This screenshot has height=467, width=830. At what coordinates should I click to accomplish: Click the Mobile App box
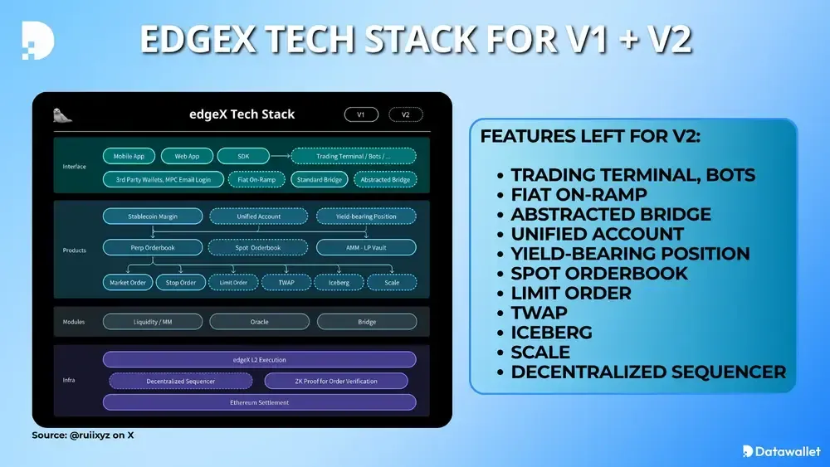pyautogui.click(x=129, y=156)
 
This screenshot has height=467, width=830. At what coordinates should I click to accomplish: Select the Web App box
pyautogui.click(x=186, y=156)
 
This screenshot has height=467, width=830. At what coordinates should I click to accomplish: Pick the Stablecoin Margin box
pyautogui.click(x=153, y=216)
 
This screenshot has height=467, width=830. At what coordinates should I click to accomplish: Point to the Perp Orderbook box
pyautogui.click(x=153, y=247)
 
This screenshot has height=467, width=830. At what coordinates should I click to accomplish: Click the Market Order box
pyautogui.click(x=128, y=282)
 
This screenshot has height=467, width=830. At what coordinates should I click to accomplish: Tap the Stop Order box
pyautogui.click(x=181, y=282)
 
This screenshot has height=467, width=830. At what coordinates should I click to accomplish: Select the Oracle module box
pyautogui.click(x=259, y=322)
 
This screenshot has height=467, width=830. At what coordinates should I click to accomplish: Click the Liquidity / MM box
pyautogui.click(x=153, y=322)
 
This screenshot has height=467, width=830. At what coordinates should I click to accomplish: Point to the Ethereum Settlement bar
pyautogui.click(x=259, y=402)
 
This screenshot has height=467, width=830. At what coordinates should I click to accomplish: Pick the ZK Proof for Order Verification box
pyautogui.click(x=336, y=381)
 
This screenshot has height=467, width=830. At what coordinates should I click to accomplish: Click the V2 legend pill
pyautogui.click(x=405, y=115)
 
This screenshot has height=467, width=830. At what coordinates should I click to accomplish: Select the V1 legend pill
pyautogui.click(x=361, y=115)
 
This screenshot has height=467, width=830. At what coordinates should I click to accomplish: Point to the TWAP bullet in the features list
pyautogui.click(x=539, y=313)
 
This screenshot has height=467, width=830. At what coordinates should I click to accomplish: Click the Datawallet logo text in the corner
pyautogui.click(x=781, y=451)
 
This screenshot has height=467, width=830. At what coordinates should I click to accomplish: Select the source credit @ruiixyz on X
pyautogui.click(x=82, y=435)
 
